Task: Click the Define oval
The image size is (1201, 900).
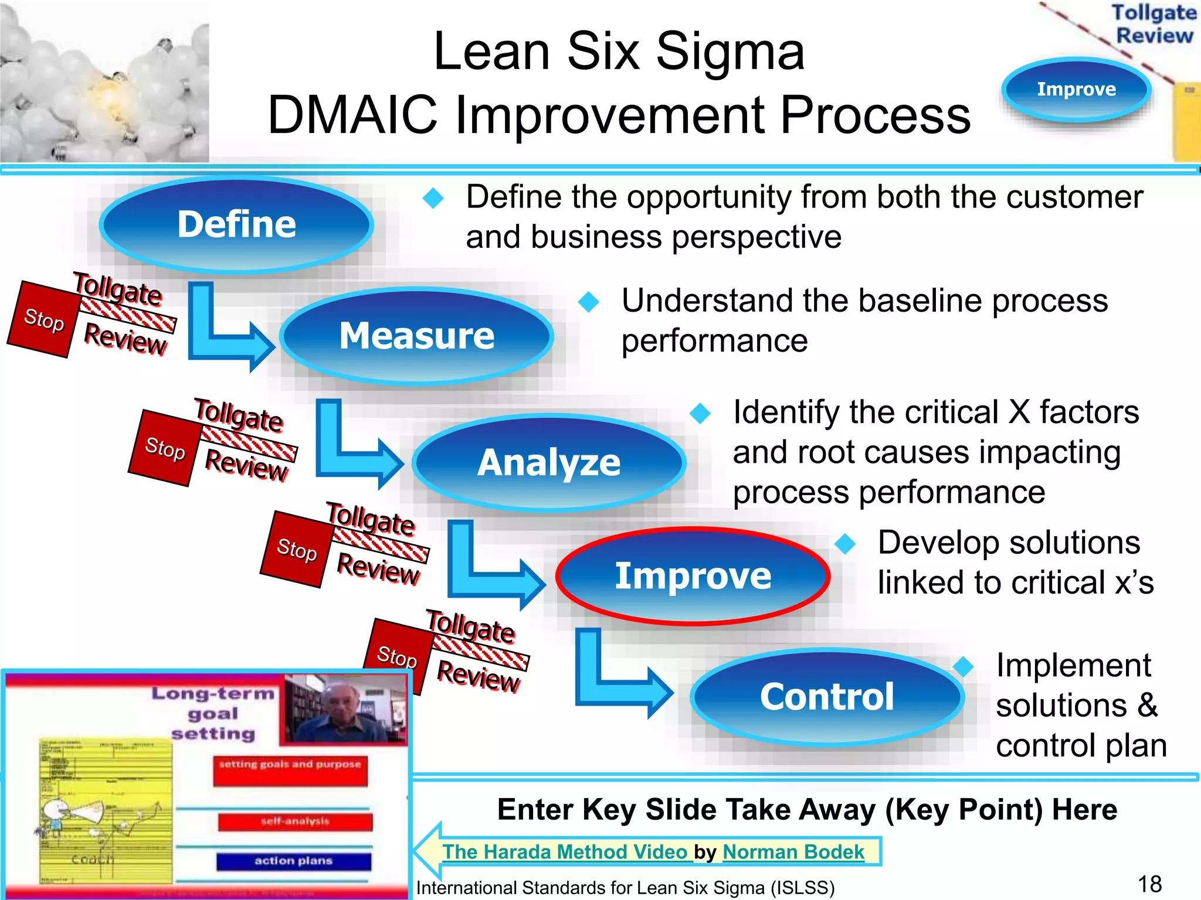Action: [x=236, y=225]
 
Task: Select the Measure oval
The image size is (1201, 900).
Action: [x=417, y=336]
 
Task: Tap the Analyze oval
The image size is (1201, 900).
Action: [x=549, y=463]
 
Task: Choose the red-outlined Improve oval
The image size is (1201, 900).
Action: [x=693, y=577]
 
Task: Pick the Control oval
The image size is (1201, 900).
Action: [x=827, y=697]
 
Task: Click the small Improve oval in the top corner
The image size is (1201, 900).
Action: [x=1076, y=90]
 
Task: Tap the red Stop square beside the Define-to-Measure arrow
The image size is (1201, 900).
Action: [x=43, y=319]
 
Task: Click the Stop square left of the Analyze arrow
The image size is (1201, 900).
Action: [x=165, y=448]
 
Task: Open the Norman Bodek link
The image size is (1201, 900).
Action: [x=793, y=851]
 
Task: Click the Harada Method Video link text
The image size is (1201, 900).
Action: [x=564, y=851]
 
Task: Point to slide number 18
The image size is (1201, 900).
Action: [x=1149, y=884]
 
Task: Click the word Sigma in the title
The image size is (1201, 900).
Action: [x=730, y=52]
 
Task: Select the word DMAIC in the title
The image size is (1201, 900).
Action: [x=352, y=115]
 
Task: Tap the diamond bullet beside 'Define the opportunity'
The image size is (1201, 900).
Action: [x=433, y=198]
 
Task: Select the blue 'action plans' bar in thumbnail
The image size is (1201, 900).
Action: [x=294, y=861]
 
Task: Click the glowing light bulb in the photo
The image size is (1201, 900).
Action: [x=108, y=94]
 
